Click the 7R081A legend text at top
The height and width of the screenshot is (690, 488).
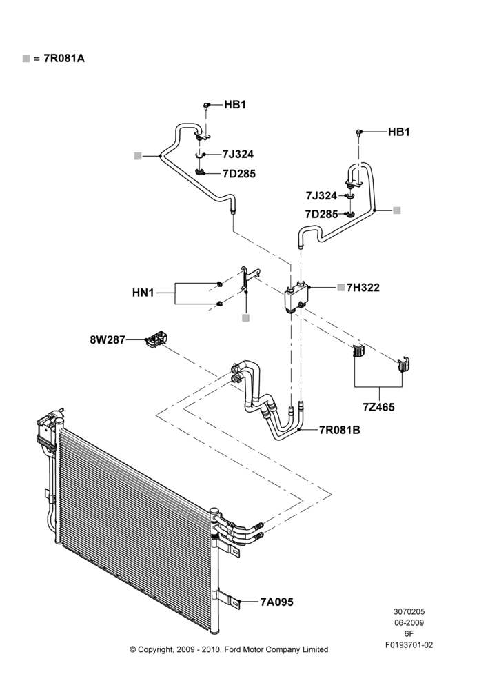coord(63,58)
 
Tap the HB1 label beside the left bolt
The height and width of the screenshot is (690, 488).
coord(235,105)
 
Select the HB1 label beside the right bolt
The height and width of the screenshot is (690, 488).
coord(399,132)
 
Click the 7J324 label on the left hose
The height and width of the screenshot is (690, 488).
coord(238,154)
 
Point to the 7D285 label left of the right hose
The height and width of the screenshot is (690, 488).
coord(322,215)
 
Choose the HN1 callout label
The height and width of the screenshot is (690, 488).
coord(143,292)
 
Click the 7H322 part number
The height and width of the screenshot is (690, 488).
coord(363,287)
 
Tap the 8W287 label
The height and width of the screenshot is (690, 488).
coord(108,339)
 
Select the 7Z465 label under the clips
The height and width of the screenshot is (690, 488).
coord(378,407)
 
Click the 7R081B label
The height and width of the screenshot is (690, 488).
coord(339,430)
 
